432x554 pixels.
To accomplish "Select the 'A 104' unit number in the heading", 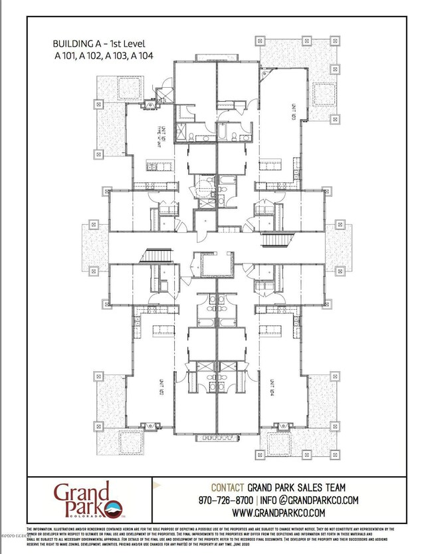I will (142, 56).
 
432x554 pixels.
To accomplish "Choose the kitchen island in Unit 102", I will (160, 331).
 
